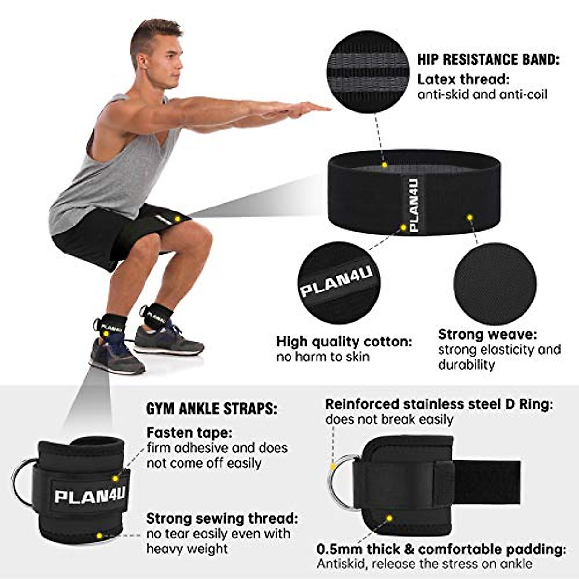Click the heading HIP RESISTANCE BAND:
(x=488, y=60)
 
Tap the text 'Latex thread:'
(x=463, y=79)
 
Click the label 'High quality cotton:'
(x=344, y=342)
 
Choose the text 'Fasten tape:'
(x=189, y=432)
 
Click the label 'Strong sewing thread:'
(x=222, y=519)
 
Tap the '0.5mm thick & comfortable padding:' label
(x=441, y=549)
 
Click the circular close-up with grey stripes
(x=368, y=72)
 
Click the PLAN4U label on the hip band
(x=414, y=204)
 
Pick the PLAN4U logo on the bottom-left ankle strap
(x=90, y=495)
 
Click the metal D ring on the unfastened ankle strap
(x=340, y=482)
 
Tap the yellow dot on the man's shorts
(x=177, y=219)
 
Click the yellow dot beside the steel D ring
(x=333, y=467)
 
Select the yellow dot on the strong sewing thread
(x=99, y=536)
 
